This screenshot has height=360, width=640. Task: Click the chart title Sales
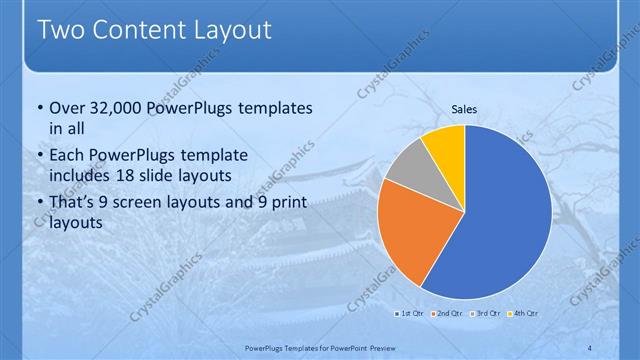pos(464,112)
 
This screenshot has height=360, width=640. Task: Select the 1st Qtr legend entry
pos(410,314)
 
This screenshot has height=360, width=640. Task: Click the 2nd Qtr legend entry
pos(448,314)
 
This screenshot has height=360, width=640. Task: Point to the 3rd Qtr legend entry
pos(486,314)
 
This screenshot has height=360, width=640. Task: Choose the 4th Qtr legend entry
pos(524,314)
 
